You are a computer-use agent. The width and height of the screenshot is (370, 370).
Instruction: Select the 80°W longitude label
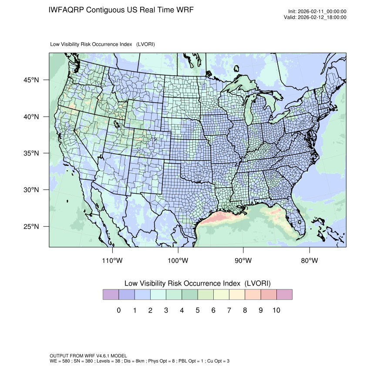point(309,261)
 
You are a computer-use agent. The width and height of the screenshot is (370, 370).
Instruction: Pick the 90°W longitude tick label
point(243,261)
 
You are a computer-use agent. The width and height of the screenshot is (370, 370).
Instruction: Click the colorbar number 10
point(276,310)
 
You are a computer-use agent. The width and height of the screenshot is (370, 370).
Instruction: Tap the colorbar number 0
point(118,310)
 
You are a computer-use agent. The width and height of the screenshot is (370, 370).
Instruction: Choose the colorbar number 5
point(197,310)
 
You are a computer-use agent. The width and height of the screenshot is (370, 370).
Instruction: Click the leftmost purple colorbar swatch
point(111,295)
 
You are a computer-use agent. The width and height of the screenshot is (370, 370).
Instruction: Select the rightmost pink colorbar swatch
point(284,295)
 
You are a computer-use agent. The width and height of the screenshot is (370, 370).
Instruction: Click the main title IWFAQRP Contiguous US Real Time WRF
point(121,10)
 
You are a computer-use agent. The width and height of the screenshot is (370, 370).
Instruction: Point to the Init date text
point(317,12)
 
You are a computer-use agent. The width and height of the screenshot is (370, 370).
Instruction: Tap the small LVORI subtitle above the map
point(103,44)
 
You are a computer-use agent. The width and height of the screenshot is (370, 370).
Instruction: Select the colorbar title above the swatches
point(198,283)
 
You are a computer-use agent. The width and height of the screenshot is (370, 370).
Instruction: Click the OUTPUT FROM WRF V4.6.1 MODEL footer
point(88,356)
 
